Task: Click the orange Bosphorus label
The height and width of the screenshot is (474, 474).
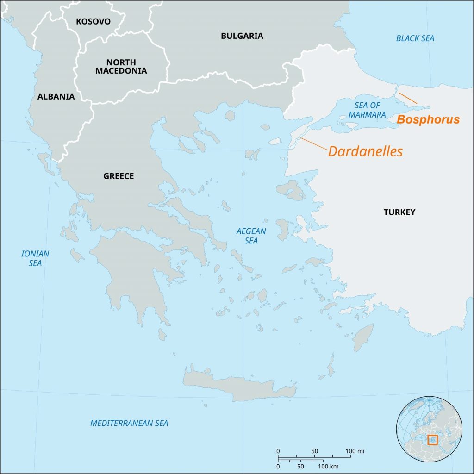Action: click(x=428, y=120)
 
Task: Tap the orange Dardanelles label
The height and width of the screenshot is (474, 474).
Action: click(x=365, y=151)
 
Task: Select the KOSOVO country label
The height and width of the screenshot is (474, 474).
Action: click(x=93, y=21)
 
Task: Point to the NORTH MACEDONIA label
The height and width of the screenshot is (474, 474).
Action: click(x=121, y=67)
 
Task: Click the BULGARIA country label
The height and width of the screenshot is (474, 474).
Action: click(x=242, y=36)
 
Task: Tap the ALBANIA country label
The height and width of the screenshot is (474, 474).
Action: click(x=56, y=97)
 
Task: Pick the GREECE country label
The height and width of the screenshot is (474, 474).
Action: click(x=118, y=176)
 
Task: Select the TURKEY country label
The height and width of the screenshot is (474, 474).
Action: click(x=399, y=212)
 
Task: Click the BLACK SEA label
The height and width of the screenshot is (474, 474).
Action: click(x=415, y=38)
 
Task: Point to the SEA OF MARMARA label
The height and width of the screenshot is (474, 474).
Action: click(x=367, y=110)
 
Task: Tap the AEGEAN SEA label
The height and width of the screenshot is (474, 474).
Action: click(x=251, y=236)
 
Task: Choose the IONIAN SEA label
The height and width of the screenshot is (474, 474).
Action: click(x=35, y=258)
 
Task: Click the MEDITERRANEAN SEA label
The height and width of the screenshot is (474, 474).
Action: click(x=129, y=423)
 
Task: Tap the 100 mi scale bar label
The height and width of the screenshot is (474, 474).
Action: click(x=355, y=450)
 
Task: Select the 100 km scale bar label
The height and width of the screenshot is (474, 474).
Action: click(x=326, y=466)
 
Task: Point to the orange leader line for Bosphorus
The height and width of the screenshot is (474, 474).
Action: click(x=408, y=98)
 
